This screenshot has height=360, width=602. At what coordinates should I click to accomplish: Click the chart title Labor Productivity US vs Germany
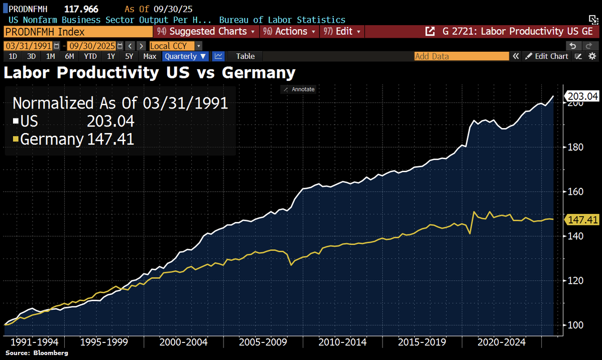pos(150,73)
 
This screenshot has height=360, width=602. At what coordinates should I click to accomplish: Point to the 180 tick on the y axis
pos(575,147)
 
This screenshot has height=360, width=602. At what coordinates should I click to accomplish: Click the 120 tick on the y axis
pos(575,280)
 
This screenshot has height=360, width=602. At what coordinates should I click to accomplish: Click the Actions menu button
pos(290,31)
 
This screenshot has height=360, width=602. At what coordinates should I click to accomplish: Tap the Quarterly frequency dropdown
pos(185,56)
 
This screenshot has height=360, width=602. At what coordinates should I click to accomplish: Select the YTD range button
pos(90,56)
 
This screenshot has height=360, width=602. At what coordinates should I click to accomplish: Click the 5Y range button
pos(129,56)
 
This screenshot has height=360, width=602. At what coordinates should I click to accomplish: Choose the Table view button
pos(245,56)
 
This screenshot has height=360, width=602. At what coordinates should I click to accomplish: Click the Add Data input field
pos(462,56)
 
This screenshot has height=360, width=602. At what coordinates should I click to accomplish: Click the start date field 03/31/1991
pos(28,45)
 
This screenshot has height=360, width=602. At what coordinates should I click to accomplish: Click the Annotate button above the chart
pos(299,89)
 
